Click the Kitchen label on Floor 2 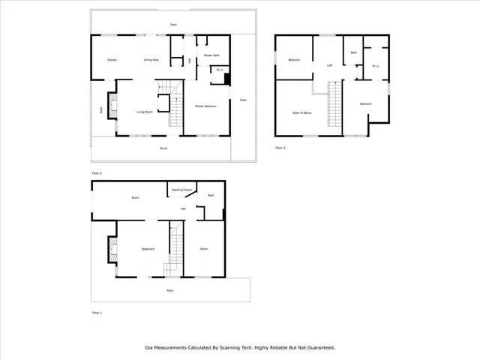tap(112, 60)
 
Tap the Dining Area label tap(151, 60)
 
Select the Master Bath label tap(211, 55)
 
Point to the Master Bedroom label tap(205, 106)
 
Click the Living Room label tap(145, 112)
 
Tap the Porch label tap(163, 148)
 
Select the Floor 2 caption tap(97, 173)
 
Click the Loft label tap(329, 66)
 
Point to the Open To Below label tap(301, 112)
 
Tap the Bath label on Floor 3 tap(353, 52)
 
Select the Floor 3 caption tap(280, 148)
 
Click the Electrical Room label tap(184, 190)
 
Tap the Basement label tap(148, 249)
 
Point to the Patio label tap(170, 289)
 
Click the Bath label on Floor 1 tap(211, 196)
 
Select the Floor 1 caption tap(97, 312)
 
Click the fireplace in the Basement tap(112, 250)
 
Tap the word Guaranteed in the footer tap(316, 348)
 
